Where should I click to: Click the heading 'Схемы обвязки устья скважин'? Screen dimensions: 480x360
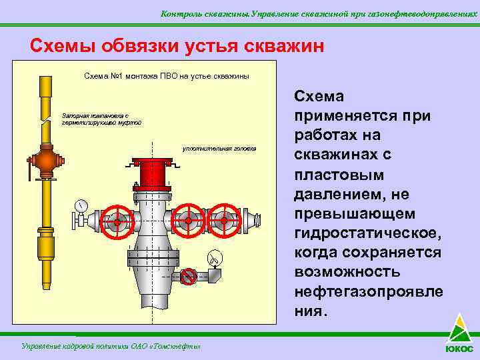click(177, 46)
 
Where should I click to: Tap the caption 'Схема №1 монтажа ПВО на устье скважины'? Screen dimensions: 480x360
click(167, 76)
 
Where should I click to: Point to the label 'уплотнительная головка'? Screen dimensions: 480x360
click(219, 148)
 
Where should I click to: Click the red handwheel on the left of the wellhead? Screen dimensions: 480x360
click(117, 220)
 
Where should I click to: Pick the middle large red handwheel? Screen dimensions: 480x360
click(188, 219)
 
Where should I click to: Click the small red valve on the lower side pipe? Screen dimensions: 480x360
click(189, 275)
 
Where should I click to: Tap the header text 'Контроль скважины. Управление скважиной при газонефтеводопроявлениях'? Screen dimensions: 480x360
click(319, 13)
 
